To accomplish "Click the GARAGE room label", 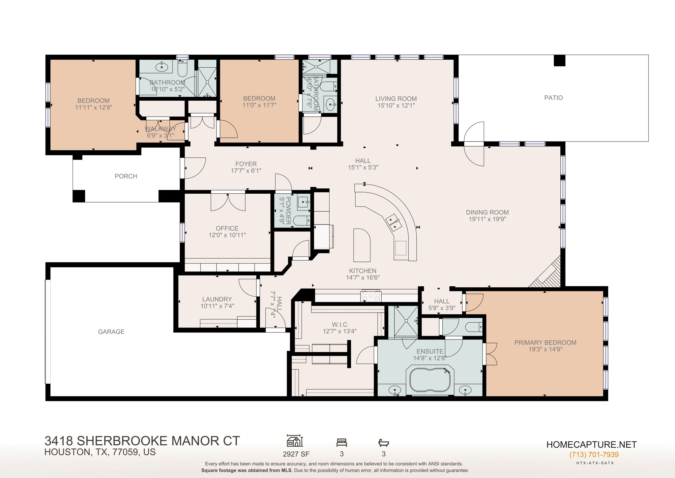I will pyautogui.click(x=111, y=332).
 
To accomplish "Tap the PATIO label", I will pyautogui.click(x=553, y=98).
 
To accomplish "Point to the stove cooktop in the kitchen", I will pyautogui.click(x=371, y=296).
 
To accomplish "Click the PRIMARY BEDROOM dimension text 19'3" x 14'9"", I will pyautogui.click(x=545, y=349).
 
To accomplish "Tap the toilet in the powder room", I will pyautogui.click(x=301, y=220).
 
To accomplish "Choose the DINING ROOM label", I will pyautogui.click(x=487, y=212).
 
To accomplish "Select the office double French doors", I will pyautogui.click(x=228, y=202).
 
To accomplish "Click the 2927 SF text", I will pyautogui.click(x=296, y=454).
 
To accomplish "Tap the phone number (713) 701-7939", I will pyautogui.click(x=594, y=455).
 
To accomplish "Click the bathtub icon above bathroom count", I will pyautogui.click(x=383, y=442).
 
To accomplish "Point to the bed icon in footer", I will pyautogui.click(x=341, y=442).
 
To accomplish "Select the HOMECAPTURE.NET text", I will pyautogui.click(x=591, y=445).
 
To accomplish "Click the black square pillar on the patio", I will pyautogui.click(x=559, y=61).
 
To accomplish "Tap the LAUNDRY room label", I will pyautogui.click(x=217, y=299).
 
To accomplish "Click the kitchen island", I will pyautogui.click(x=362, y=245).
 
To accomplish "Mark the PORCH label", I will pyautogui.click(x=126, y=176).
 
